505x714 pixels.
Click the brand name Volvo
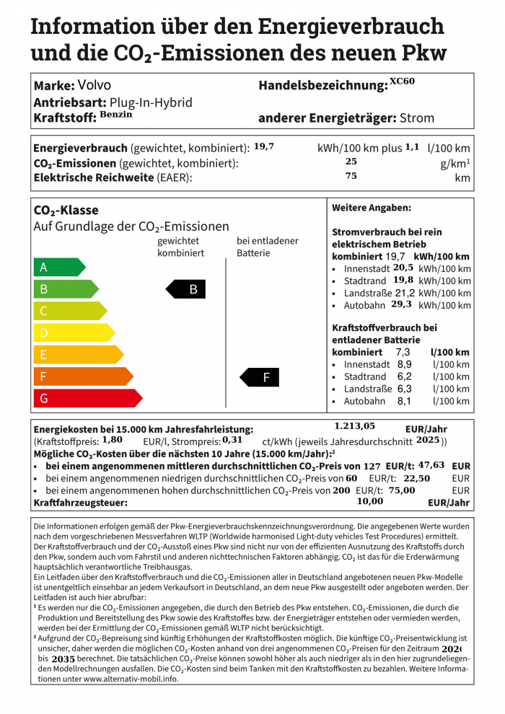tap(94, 85)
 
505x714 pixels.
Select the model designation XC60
tap(403, 81)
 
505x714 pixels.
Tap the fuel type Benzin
tap(116, 114)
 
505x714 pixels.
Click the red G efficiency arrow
tap(87, 398)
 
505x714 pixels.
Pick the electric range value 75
tap(351, 175)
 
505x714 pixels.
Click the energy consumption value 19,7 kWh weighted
tap(263, 146)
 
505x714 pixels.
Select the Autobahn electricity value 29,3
tap(401, 304)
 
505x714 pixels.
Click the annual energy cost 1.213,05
tap(355, 426)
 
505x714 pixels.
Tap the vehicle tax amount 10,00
tap(370, 501)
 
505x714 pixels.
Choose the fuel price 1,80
tap(112, 439)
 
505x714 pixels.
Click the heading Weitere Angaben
tap(371, 208)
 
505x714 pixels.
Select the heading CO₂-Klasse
tap(66, 211)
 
